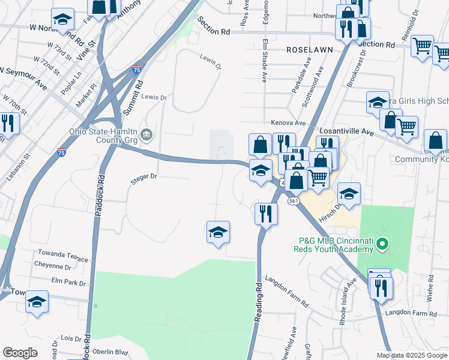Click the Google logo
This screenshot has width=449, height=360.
(20, 353)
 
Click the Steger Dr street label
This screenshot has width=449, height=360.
(144, 176)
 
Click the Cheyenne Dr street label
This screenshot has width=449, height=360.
(56, 266)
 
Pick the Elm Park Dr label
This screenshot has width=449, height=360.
(69, 282)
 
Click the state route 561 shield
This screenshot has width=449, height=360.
(293, 201)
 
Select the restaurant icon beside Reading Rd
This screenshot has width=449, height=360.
(265, 214)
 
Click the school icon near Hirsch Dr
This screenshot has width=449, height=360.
(349, 194)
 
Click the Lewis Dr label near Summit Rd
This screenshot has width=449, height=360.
(154, 98)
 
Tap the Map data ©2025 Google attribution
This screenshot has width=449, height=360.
(412, 355)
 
